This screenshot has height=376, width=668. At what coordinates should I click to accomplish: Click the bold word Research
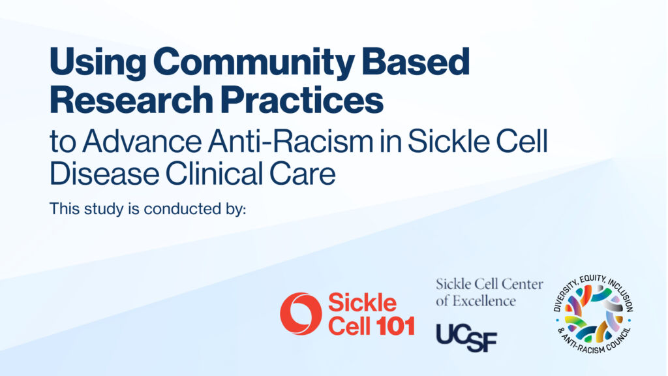[131, 100]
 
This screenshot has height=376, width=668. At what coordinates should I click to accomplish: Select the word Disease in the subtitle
[104, 174]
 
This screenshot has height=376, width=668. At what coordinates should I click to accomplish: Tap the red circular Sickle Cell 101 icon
[301, 314]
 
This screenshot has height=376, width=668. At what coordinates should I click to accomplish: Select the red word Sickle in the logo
[362, 303]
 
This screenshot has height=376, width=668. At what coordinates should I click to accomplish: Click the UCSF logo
[466, 337]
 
